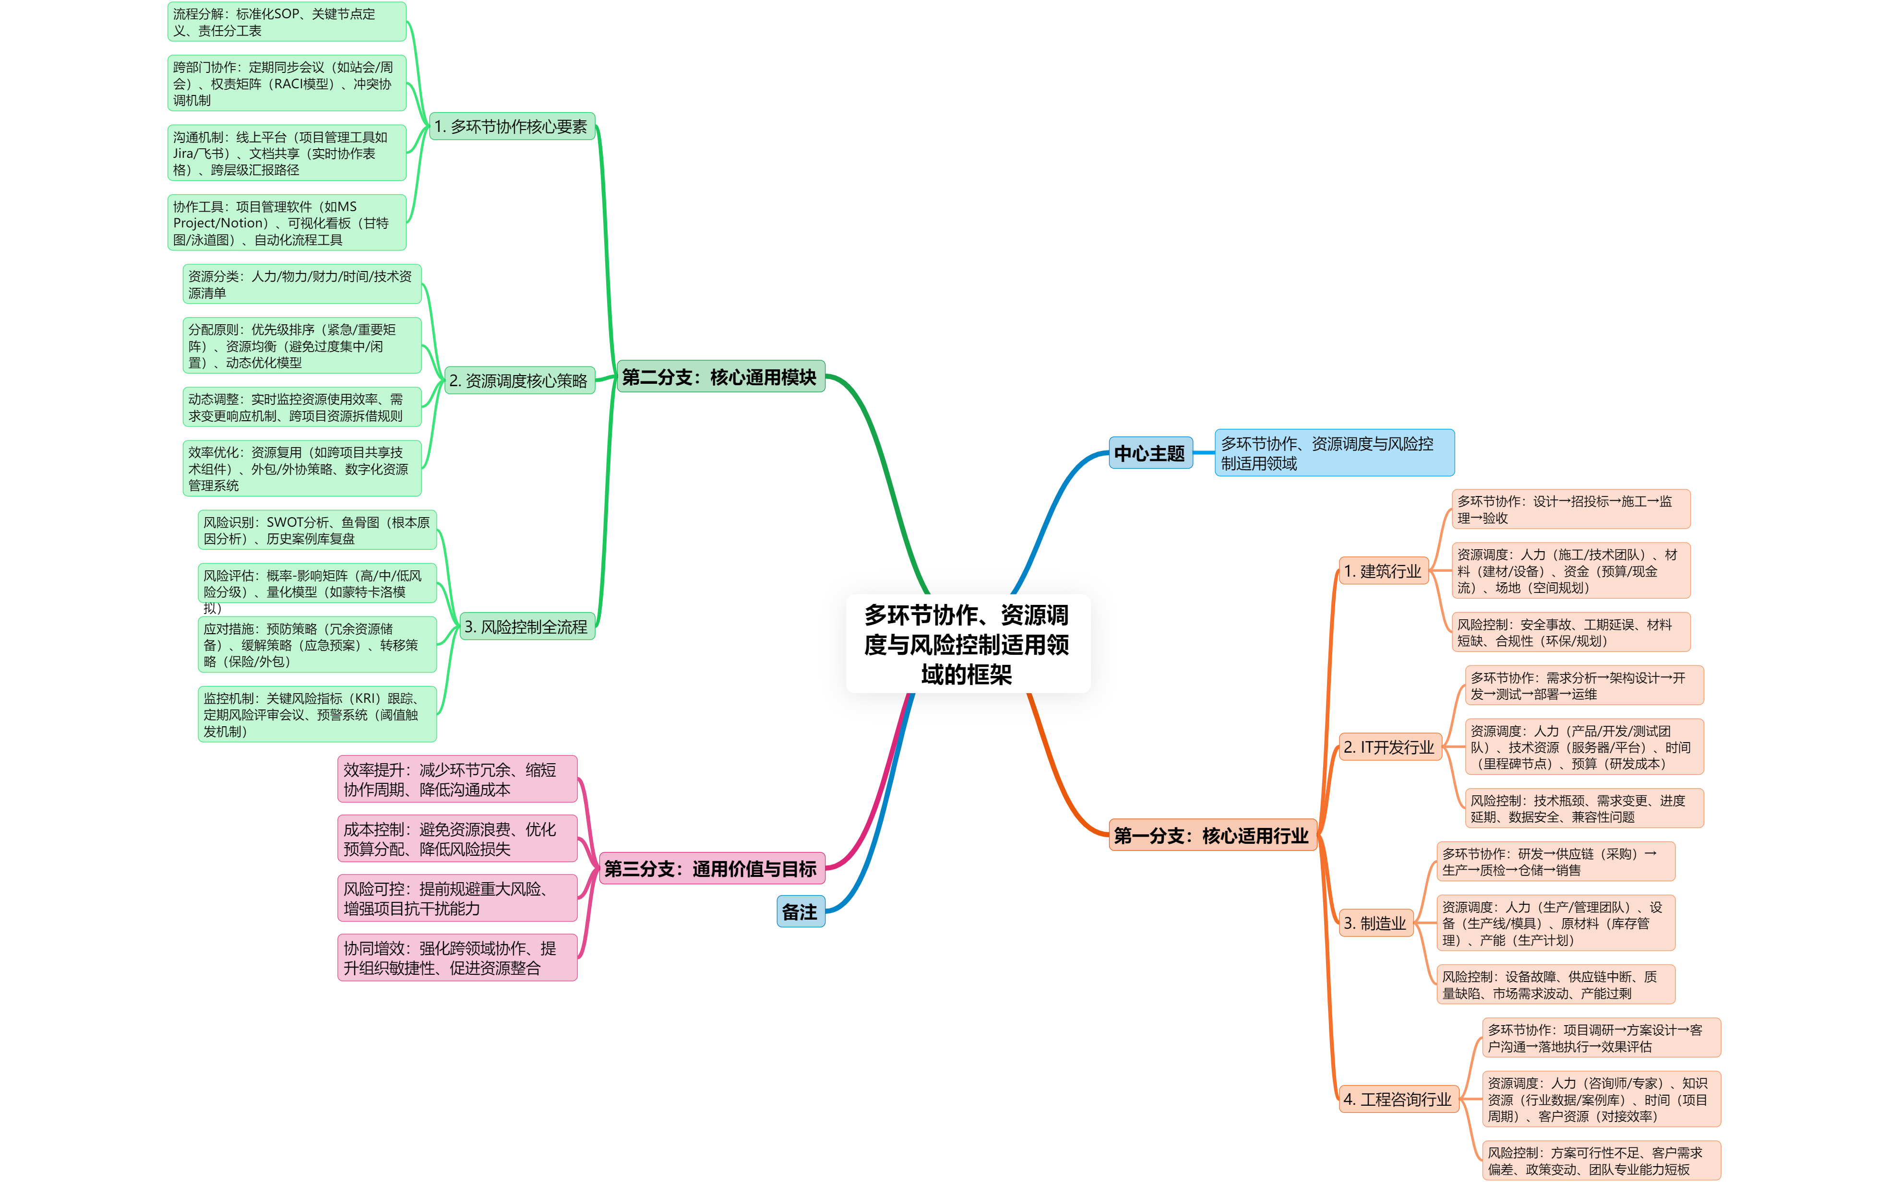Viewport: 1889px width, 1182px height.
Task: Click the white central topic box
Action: tap(968, 643)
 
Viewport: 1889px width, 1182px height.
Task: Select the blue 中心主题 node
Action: tap(1150, 453)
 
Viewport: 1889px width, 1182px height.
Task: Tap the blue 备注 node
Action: tap(800, 911)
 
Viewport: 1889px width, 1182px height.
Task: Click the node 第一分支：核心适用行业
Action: tap(1212, 836)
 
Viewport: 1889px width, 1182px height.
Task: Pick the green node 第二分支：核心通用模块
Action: tap(719, 378)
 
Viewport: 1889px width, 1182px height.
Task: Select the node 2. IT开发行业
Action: tap(1389, 747)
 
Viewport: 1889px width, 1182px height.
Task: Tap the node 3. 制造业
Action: tap(1375, 923)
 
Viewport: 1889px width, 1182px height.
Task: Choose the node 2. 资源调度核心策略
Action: tap(518, 381)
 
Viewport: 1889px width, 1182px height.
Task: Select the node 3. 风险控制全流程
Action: tap(526, 627)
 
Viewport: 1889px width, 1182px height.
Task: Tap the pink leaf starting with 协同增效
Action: tap(456, 957)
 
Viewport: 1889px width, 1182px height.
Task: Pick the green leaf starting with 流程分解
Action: tap(286, 22)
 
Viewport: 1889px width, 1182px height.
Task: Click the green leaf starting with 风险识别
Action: tap(317, 530)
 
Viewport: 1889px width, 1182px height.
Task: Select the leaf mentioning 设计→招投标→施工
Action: tap(1570, 509)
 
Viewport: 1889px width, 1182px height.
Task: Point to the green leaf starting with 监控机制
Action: tap(317, 714)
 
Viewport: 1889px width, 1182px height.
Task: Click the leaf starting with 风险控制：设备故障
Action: tap(1555, 985)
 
